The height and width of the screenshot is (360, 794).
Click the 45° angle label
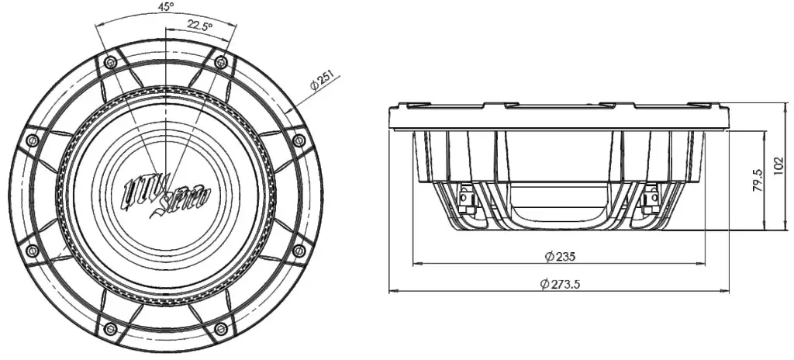pos(165,6)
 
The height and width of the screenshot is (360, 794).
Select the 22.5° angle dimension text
pos(199,26)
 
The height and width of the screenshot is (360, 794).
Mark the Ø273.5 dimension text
pos(560,285)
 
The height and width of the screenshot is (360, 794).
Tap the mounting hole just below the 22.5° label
pos(221,61)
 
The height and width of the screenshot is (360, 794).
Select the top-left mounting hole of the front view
pos(110,61)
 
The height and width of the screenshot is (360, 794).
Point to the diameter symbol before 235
pos(548,256)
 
